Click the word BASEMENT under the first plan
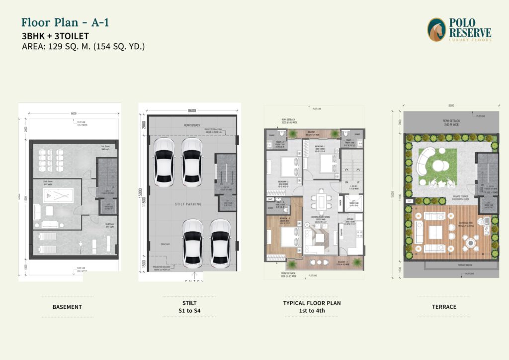(x=67, y=307)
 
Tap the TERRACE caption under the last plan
(x=444, y=307)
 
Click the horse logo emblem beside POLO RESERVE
(x=436, y=30)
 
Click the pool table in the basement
(x=57, y=194)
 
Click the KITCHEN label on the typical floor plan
(x=347, y=219)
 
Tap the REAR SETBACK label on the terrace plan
(x=451, y=120)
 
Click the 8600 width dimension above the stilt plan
(x=192, y=110)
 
